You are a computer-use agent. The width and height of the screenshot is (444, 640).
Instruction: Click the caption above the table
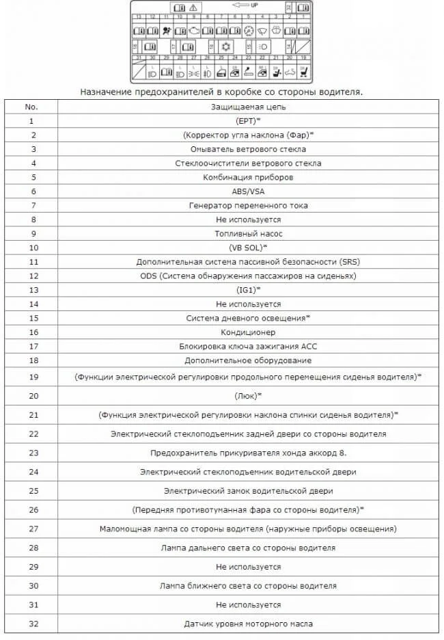tap(221, 92)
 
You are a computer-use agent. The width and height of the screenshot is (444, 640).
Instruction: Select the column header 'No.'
tap(31, 107)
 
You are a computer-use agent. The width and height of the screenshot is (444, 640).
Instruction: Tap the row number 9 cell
tap(31, 233)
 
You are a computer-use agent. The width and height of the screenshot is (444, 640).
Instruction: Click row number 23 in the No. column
tap(31, 453)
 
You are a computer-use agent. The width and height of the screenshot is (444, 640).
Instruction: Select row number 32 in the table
tap(31, 624)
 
